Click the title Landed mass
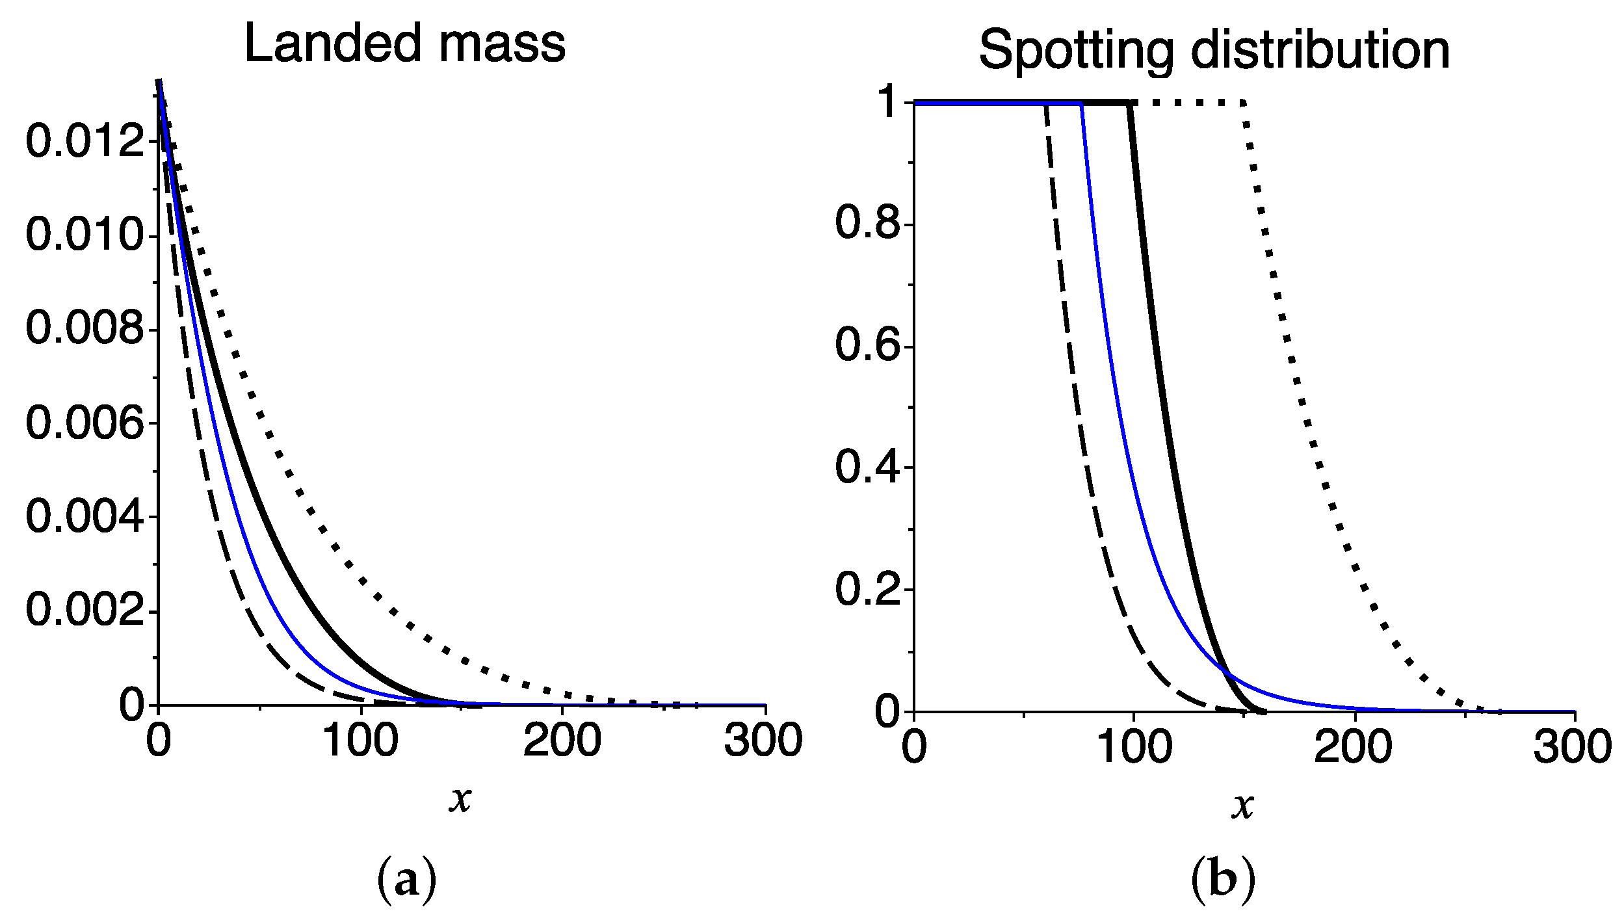pos(404,44)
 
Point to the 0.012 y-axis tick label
pos(85,141)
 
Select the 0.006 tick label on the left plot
pos(85,423)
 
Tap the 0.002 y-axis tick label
pos(85,611)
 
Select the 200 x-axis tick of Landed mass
pos(562,741)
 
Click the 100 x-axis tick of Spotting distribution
pos(1134,747)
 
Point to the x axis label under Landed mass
pos(460,799)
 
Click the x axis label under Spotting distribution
pos(1242,806)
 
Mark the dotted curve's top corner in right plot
pos(1243,103)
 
